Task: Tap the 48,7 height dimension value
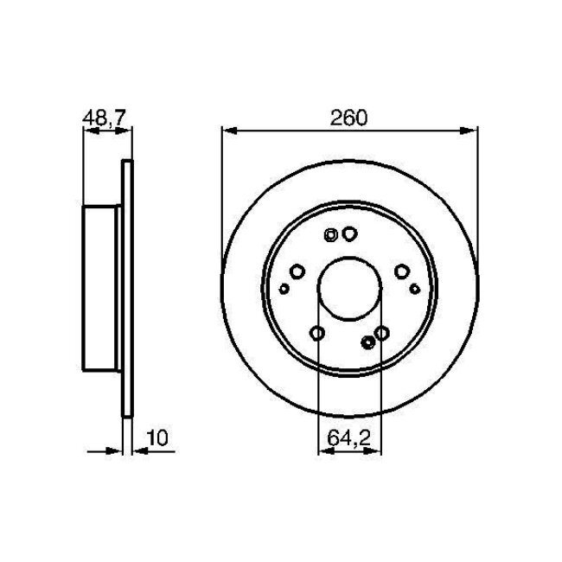[x=107, y=115]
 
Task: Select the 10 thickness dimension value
[x=156, y=437]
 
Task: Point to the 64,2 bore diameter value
[x=349, y=437]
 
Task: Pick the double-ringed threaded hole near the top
[x=332, y=234]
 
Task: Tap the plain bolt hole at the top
[x=349, y=233]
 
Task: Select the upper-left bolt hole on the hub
[x=296, y=271]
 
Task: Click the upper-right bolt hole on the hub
[x=400, y=271]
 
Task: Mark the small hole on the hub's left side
[x=284, y=289]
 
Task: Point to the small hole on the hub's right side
[x=414, y=289]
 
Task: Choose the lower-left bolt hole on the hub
[x=316, y=334]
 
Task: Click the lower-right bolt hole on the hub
[x=381, y=334]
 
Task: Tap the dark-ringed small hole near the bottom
[x=370, y=343]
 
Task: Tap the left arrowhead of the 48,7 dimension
[x=86, y=131]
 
